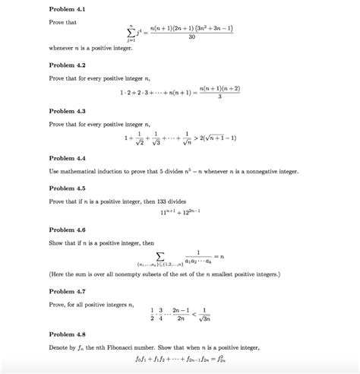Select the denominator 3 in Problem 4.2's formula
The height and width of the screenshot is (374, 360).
[x=219, y=97]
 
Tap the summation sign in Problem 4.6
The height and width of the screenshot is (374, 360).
[x=159, y=255]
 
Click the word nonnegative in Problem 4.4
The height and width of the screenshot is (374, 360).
[x=265, y=172]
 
